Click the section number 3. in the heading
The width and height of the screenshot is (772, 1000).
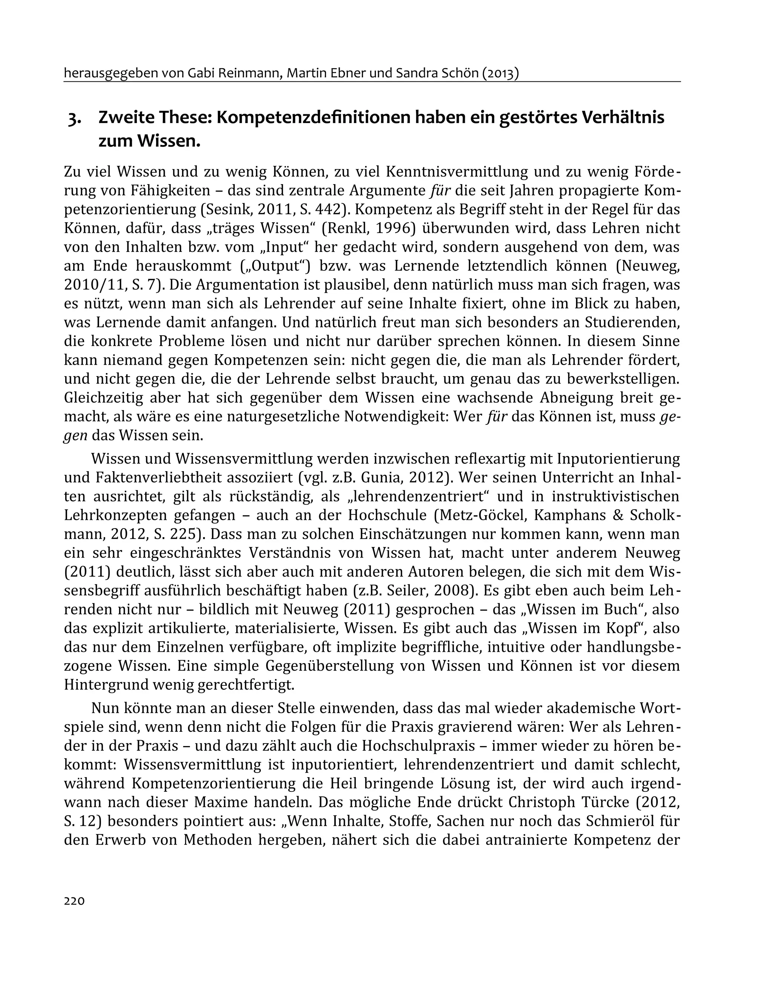(75, 118)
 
